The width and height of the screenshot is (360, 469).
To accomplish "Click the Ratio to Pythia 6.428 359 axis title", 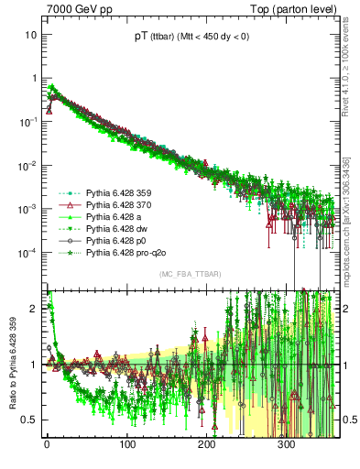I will (x=14, y=362).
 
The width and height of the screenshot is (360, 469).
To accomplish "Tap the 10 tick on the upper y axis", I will (x=30, y=35).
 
